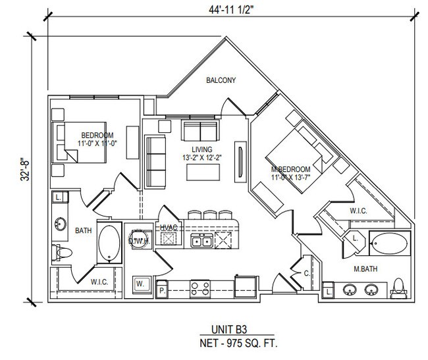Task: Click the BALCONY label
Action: coord(220,81)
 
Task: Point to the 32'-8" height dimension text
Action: coord(24,168)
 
